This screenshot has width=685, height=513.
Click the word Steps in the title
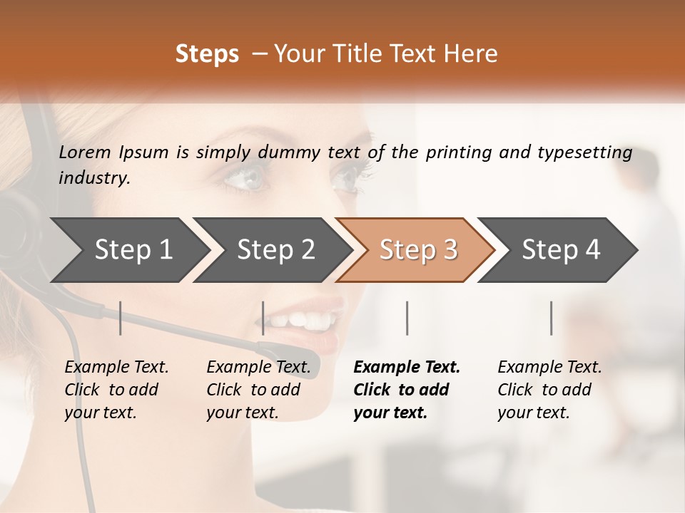207,54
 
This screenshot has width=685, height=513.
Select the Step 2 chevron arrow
271,250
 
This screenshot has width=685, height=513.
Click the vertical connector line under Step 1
121,318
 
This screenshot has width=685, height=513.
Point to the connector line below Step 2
263,318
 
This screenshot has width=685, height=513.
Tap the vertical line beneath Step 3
407,318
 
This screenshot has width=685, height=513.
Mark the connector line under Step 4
552,318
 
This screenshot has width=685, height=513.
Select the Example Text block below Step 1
116,390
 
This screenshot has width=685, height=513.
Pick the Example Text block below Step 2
258,390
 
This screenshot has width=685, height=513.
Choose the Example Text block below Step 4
549,390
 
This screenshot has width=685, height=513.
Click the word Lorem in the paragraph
85,152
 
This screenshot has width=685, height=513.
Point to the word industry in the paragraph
93,178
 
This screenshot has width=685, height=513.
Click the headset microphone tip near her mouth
275,351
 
